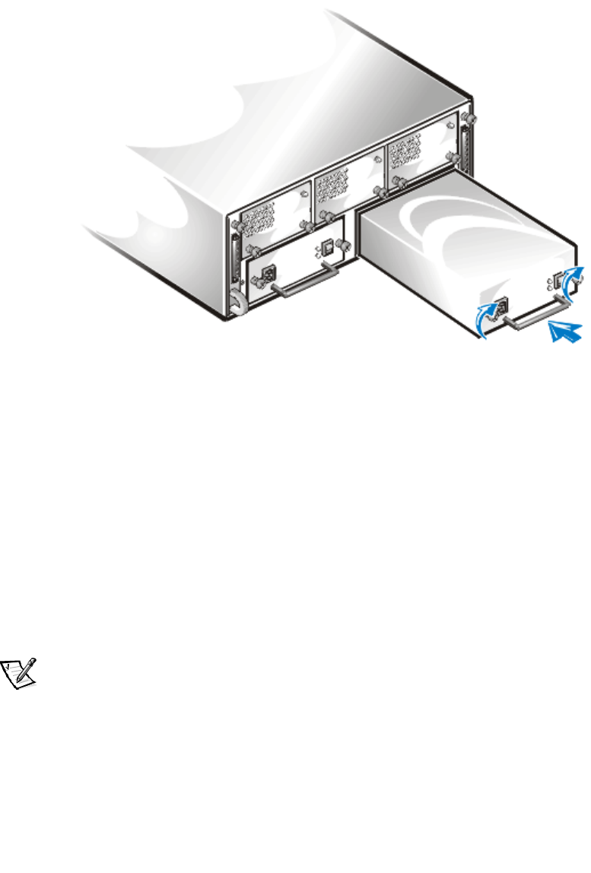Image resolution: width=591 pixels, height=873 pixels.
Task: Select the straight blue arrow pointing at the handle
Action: point(564,332)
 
